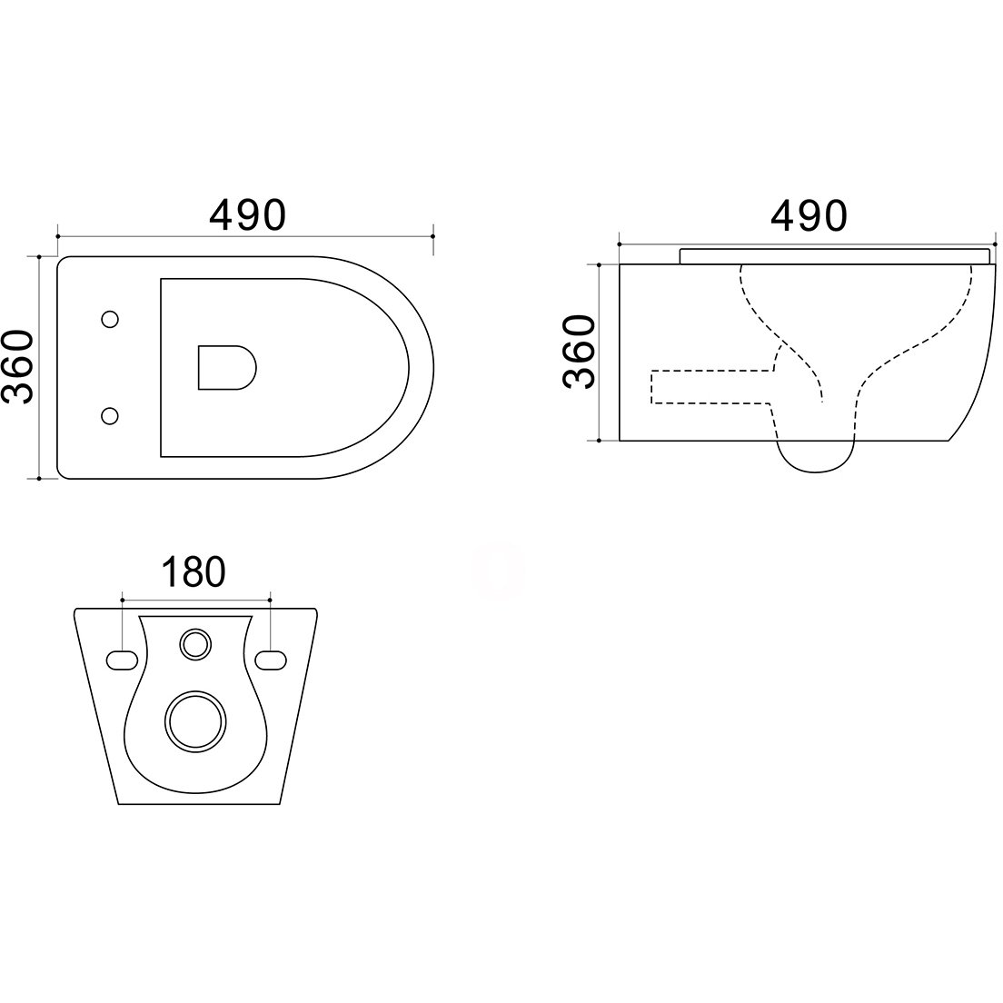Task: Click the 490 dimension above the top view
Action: [x=247, y=215]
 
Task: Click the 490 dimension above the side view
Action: [x=809, y=215]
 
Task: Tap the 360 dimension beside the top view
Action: [x=17, y=366]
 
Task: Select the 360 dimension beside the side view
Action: [x=579, y=352]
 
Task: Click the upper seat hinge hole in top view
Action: [x=110, y=319]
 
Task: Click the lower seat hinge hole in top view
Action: [x=110, y=416]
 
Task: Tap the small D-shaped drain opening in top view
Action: [x=227, y=368]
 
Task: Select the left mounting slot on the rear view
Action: [x=122, y=660]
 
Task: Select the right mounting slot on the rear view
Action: [x=271, y=660]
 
